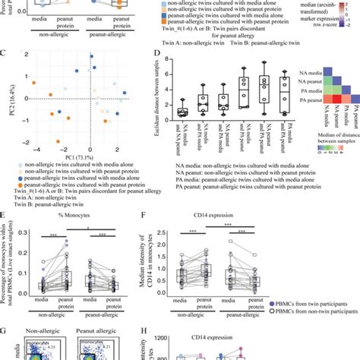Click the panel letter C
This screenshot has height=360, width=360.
[x=5, y=54]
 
